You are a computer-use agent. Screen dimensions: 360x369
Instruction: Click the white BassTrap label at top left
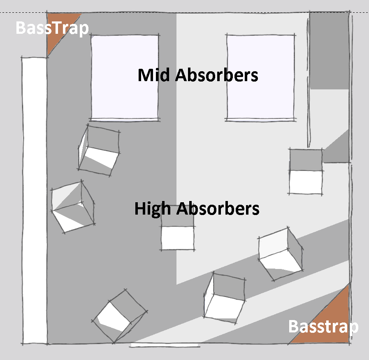[52, 28]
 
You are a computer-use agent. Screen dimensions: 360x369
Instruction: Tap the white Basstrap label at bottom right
[323, 327]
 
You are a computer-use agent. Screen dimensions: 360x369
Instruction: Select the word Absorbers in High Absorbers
[218, 209]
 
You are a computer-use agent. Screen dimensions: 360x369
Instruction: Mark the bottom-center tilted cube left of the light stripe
[225, 297]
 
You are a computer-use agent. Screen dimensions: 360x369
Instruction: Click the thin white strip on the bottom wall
[165, 344]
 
